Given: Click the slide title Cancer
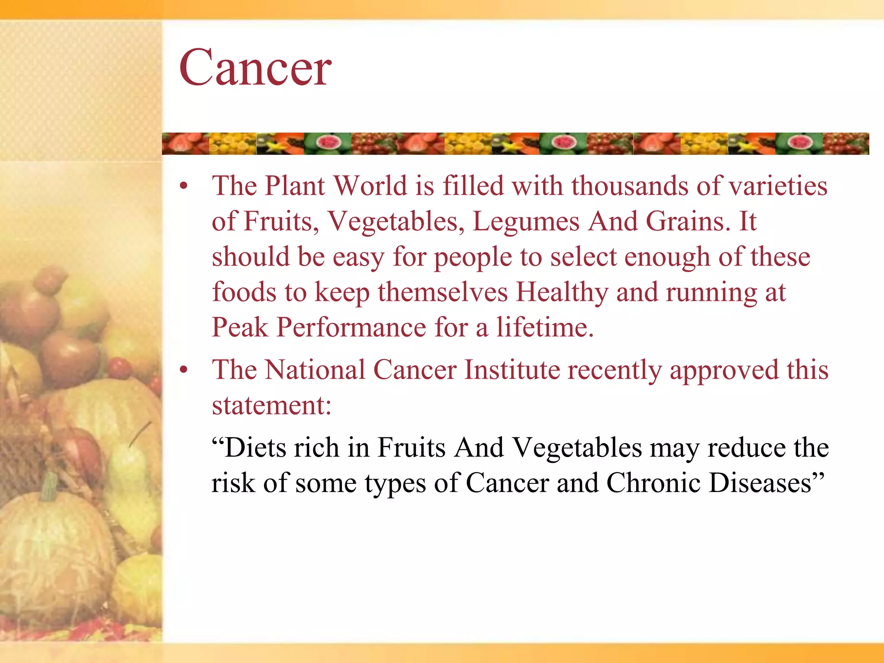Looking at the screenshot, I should (255, 68).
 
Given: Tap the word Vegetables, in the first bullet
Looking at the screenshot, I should (395, 222).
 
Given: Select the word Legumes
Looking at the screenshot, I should (526, 222).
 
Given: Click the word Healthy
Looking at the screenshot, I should (562, 293).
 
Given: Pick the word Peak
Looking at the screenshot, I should (240, 327).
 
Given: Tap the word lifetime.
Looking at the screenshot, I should (545, 327).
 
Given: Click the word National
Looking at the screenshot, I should (315, 370).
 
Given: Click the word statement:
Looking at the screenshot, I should (272, 406).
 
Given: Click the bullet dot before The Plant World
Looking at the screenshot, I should (184, 186).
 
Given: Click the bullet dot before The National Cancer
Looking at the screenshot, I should (184, 370).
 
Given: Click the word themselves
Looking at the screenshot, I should (443, 293).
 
